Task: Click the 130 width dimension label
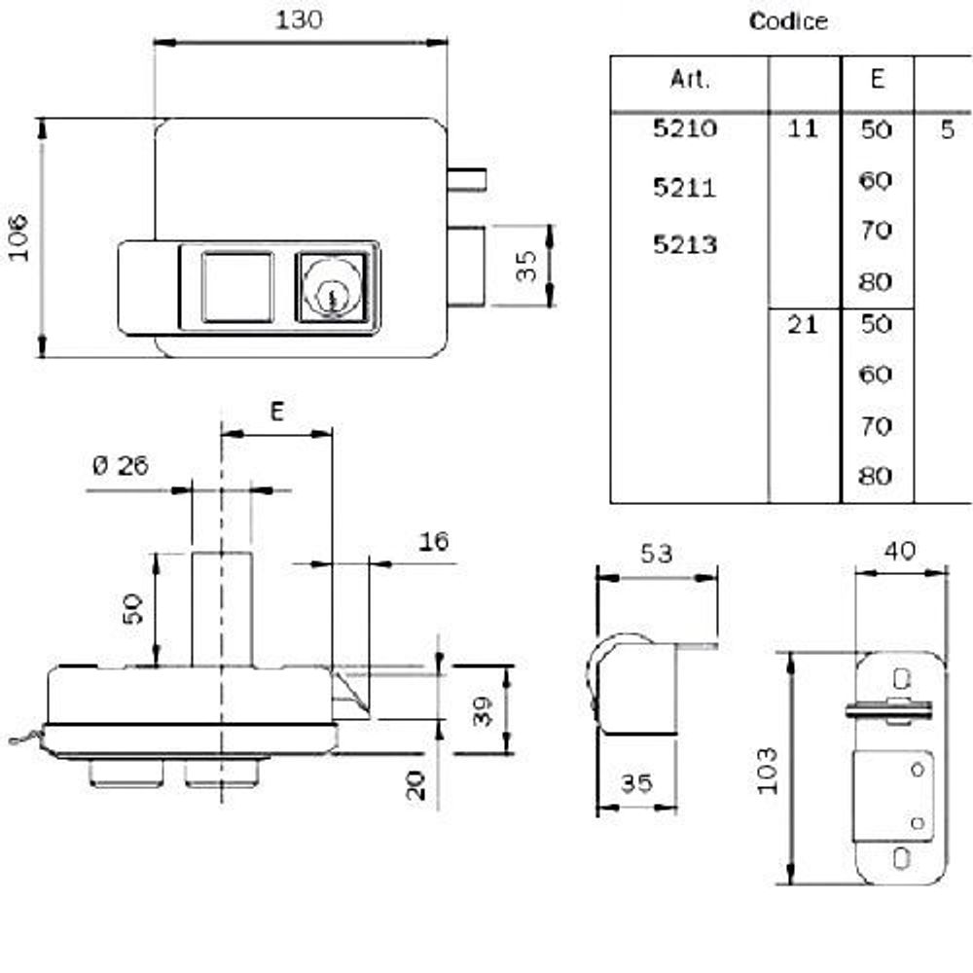(x=299, y=20)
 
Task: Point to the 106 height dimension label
(x=20, y=238)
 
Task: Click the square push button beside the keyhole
(x=235, y=285)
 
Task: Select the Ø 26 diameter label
(x=121, y=466)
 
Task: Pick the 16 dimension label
(x=435, y=542)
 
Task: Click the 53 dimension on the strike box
(x=657, y=554)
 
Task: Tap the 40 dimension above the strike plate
(x=901, y=551)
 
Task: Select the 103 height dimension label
(x=769, y=770)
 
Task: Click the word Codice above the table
(x=788, y=21)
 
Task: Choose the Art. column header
(x=690, y=80)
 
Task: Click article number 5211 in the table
(x=684, y=187)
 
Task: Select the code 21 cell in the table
(x=803, y=325)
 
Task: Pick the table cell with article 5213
(x=684, y=244)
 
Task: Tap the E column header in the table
(x=877, y=80)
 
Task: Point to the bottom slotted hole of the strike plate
(x=902, y=858)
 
